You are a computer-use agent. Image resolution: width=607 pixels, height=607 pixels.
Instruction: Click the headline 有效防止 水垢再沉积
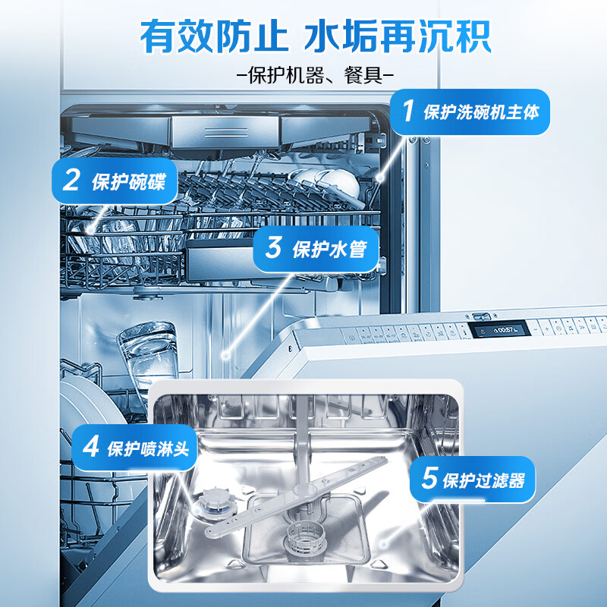pos(316,36)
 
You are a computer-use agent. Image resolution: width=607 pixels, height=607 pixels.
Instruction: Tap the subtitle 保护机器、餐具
pos(315,75)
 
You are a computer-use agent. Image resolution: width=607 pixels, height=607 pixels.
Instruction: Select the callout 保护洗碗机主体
pos(470,112)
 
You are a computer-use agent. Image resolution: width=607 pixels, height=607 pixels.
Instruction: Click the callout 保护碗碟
pos(115,181)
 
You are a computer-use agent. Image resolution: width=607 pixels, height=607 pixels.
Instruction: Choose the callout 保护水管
pos(316,249)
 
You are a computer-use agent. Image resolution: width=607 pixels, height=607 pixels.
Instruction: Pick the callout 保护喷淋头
pos(135,448)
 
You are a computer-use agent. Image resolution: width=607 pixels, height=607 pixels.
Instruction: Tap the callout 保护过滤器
pos(472,480)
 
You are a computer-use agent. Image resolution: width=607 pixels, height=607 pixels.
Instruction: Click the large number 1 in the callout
pos(408,111)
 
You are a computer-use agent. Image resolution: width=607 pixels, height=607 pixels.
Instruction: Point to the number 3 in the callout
pos(273,247)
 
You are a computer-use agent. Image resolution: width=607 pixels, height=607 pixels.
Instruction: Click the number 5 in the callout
pos(429,478)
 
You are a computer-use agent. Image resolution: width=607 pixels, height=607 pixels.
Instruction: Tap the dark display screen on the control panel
pos(499,330)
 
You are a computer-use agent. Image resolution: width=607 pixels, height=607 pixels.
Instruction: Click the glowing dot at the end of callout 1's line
pos(380,178)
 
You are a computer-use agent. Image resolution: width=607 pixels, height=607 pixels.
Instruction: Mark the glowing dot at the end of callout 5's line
pos(384,543)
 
